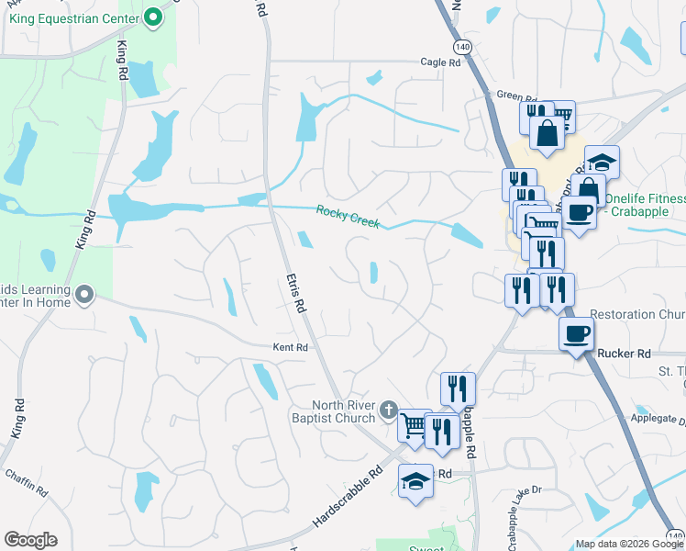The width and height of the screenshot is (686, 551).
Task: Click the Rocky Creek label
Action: point(348,217)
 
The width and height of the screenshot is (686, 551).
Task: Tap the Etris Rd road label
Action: point(294,294)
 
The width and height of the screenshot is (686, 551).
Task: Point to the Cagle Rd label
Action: point(440,62)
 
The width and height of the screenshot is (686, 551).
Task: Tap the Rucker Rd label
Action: point(624,353)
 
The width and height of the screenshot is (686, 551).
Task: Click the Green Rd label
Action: point(515,96)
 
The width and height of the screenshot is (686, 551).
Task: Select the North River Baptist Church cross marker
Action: point(389,410)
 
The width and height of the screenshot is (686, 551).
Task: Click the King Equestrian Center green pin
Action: point(152,16)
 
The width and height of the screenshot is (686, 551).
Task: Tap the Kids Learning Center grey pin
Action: point(84,295)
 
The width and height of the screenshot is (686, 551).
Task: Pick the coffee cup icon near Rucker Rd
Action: point(576,334)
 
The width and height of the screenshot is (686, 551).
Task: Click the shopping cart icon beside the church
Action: point(415,424)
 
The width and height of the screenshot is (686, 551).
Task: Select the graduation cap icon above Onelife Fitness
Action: point(602,163)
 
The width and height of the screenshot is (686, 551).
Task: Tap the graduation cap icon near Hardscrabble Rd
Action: point(415,480)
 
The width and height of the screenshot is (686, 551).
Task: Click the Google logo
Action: point(30,540)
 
